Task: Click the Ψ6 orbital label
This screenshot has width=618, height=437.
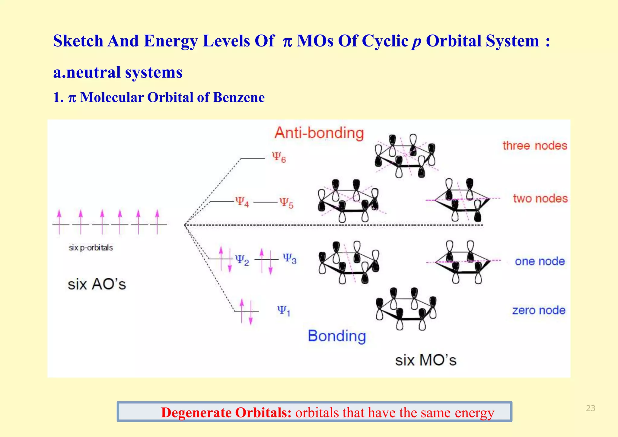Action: coord(279,158)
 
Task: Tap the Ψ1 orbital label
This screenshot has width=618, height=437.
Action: coord(283,311)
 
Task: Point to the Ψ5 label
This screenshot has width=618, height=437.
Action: coord(286,203)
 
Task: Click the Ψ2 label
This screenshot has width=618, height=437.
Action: coord(242,260)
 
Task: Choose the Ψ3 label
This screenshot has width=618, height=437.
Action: coord(289,259)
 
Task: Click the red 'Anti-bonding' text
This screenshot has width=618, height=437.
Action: coord(319,133)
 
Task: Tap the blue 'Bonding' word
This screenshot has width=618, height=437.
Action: coord(337,336)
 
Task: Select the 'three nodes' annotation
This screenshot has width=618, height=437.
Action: coord(535,146)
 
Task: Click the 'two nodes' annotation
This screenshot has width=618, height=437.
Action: coord(540,199)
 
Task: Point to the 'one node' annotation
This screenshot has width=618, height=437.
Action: coord(540,261)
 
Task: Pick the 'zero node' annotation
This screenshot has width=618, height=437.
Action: coord(539,310)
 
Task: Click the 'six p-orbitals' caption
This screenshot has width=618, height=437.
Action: coord(91,248)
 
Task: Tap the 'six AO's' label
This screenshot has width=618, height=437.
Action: coord(97,284)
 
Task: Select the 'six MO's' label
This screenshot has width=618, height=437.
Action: coord(426,360)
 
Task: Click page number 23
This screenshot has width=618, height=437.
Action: coord(590,408)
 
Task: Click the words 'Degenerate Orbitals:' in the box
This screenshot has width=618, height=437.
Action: coord(226,413)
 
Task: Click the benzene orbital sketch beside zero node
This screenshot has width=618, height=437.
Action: coord(406,309)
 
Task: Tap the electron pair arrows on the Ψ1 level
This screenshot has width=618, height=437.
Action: coord(246,311)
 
